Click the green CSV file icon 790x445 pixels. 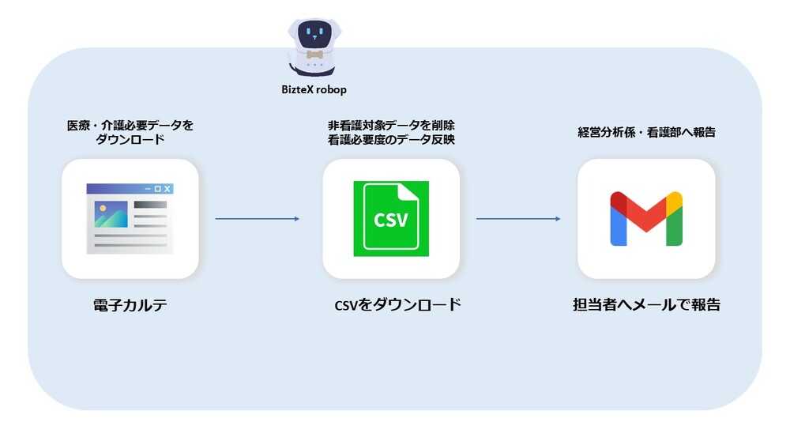(391, 219)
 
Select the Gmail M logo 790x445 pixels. (645, 219)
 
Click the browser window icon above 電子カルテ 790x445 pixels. (130, 219)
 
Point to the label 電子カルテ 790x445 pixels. (130, 305)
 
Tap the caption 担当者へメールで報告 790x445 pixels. (646, 305)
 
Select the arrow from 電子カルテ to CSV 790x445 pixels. (258, 219)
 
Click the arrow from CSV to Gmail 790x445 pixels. (518, 219)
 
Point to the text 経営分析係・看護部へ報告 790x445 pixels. (646, 133)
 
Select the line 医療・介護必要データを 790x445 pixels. (130, 126)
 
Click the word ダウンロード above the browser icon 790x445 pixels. (130, 140)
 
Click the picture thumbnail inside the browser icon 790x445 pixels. (111, 214)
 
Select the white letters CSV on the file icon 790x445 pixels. (391, 219)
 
